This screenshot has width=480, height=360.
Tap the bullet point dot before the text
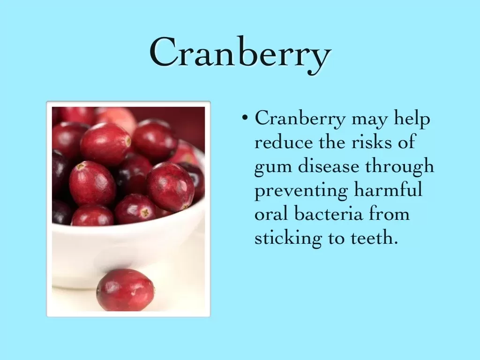(244, 117)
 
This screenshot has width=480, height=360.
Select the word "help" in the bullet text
(412, 119)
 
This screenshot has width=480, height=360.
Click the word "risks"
(371, 142)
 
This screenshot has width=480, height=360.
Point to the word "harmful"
(388, 189)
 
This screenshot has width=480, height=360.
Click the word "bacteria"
(329, 213)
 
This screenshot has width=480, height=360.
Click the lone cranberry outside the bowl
(126, 290)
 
